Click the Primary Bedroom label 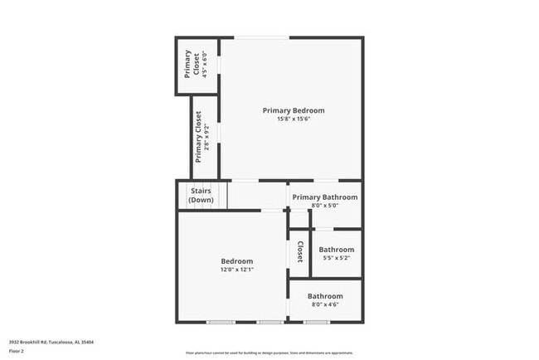tap(294, 110)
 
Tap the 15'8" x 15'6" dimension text tap(294, 119)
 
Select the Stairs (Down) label tap(201, 196)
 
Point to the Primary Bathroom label tap(324, 197)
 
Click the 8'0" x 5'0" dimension tap(324, 206)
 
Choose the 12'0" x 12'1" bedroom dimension tap(237, 269)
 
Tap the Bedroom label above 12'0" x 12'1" tap(237, 260)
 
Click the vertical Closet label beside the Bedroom tap(299, 252)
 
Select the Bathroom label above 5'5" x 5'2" tap(337, 250)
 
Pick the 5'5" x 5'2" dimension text tap(337, 258)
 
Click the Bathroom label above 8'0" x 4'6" tap(325, 296)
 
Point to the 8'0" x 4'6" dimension tap(325, 304)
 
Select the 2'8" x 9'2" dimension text tap(207, 137)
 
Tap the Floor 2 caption tap(17, 350)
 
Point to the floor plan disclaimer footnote tap(269, 352)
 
